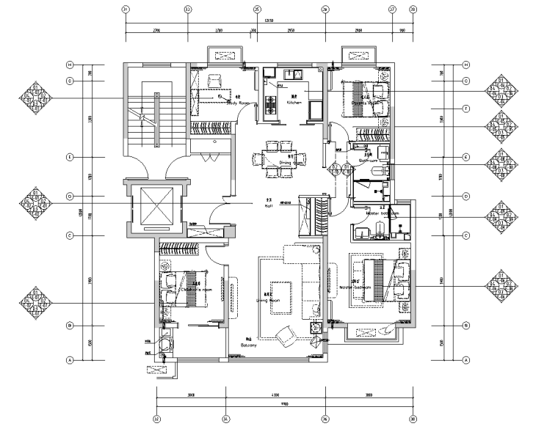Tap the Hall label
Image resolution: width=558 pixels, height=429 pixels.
[269, 206]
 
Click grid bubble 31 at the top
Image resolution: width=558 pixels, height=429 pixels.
[126, 10]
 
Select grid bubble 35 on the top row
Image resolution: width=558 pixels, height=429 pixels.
[257, 10]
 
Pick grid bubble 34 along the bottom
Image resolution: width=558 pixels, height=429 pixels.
[225, 419]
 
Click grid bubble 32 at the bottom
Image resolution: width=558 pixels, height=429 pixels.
[157, 419]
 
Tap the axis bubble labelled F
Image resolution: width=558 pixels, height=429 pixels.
[465, 108]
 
